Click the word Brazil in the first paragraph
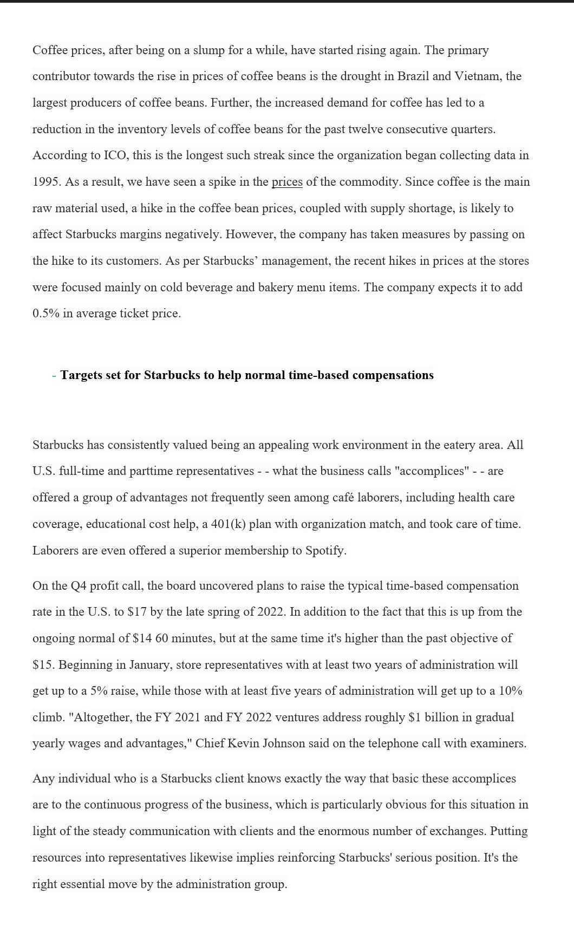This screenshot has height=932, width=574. (413, 76)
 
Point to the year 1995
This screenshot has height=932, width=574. (46, 182)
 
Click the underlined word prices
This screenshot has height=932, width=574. (286, 182)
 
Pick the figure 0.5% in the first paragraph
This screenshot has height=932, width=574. (45, 314)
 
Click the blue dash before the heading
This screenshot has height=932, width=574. (54, 376)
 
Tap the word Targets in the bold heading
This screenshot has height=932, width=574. (81, 375)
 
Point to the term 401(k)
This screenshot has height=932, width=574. (228, 524)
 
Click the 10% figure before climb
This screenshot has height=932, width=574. (510, 691)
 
